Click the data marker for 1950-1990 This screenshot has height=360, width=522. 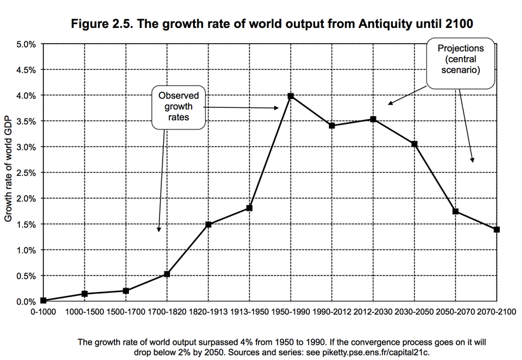coord(291,96)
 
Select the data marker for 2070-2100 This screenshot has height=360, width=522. coord(497,229)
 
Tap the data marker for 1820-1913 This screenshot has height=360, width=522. coord(208,224)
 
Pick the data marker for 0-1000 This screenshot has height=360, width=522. coord(43,300)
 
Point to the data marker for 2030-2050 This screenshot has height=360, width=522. coord(415,144)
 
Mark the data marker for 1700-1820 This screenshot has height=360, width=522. coord(167,274)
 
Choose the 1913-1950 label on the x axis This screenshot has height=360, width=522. coord(250,312)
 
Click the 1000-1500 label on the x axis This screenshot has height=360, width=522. coord(84,312)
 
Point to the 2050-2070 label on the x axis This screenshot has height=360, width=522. coord(455,312)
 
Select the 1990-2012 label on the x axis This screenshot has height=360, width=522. coord(332,312)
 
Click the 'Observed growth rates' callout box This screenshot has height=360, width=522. coord(178,106)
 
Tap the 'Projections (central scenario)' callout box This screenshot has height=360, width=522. coord(460,63)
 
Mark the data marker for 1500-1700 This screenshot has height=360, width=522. coord(126,291)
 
